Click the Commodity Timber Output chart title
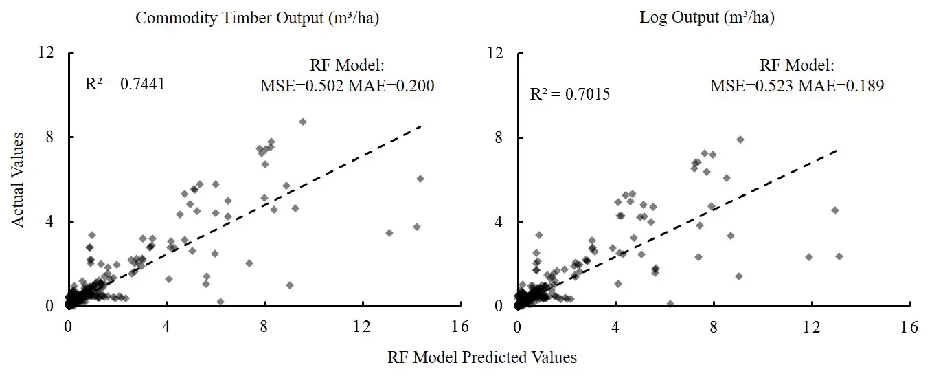click(257, 19)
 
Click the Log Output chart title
click(707, 19)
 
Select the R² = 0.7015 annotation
click(570, 94)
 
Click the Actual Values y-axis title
click(21, 180)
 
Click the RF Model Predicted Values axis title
click(481, 357)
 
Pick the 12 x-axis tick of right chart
click(812, 327)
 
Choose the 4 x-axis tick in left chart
click(166, 327)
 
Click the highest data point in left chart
click(302, 122)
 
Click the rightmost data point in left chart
click(420, 179)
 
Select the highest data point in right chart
click(740, 140)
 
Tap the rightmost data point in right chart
click(839, 256)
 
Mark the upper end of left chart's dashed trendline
click(420, 126)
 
